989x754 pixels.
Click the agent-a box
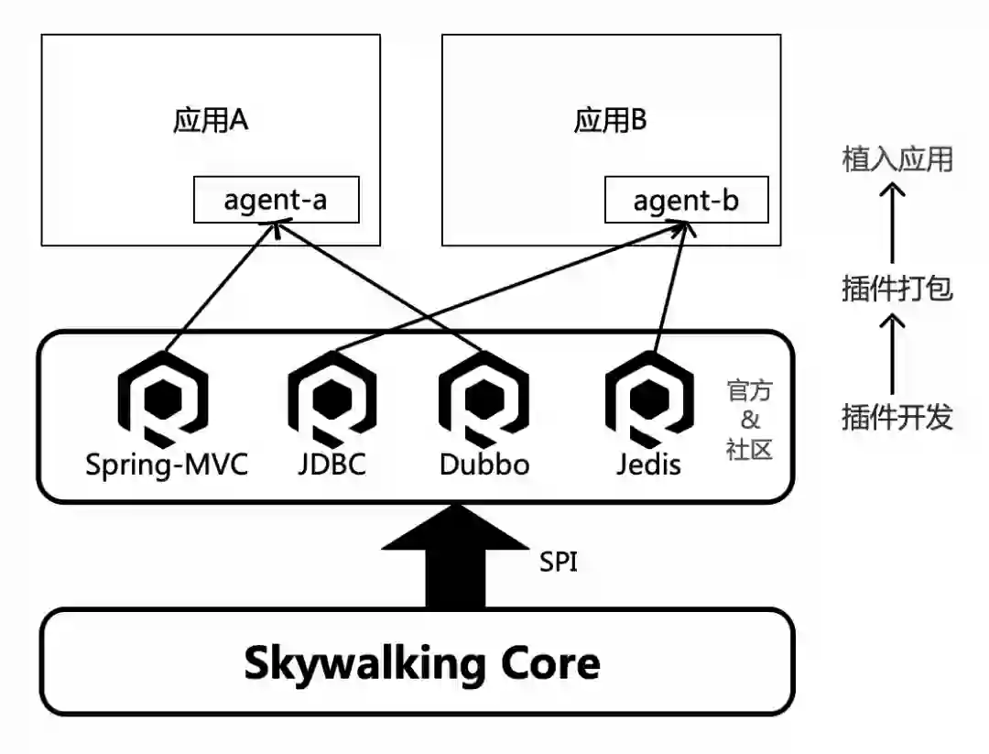(x=276, y=200)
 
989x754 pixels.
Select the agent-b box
(x=686, y=200)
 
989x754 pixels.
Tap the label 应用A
(x=211, y=121)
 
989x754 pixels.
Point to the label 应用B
(x=611, y=121)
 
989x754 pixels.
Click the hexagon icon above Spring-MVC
(x=164, y=399)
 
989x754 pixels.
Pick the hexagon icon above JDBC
(x=332, y=399)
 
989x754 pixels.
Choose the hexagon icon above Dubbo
(x=484, y=399)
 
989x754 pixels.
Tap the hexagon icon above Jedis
(x=649, y=399)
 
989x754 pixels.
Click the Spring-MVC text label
(x=167, y=464)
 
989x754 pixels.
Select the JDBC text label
(x=331, y=464)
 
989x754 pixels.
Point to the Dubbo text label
(x=484, y=464)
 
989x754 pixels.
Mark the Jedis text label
(x=649, y=464)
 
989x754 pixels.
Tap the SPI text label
(x=559, y=562)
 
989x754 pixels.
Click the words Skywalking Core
(x=422, y=662)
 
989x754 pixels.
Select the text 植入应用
(x=897, y=160)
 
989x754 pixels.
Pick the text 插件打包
(x=897, y=290)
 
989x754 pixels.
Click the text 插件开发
(x=897, y=418)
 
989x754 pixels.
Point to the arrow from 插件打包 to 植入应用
(x=893, y=224)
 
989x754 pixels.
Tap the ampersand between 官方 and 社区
(x=750, y=421)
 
